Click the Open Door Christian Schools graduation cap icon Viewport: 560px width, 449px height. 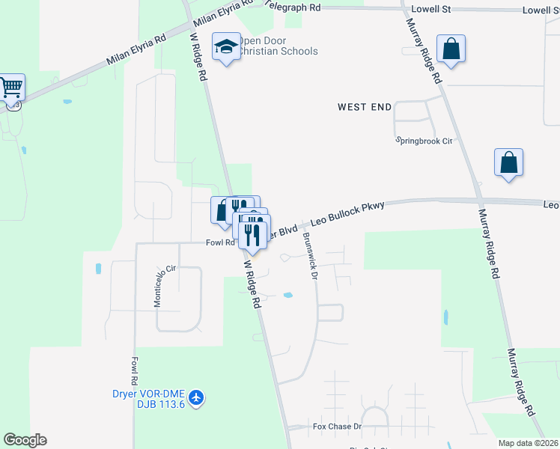(x=225, y=48)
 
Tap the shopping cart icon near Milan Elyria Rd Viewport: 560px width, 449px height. (x=12, y=88)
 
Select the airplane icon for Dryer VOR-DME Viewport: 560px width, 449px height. (x=196, y=397)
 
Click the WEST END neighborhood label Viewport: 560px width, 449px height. (x=365, y=107)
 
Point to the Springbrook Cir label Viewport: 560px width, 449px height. (x=424, y=141)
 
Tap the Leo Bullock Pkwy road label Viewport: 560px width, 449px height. (x=347, y=215)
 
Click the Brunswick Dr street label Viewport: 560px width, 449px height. (x=310, y=255)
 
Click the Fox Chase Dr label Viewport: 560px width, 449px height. (x=337, y=427)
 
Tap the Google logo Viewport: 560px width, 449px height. (x=25, y=440)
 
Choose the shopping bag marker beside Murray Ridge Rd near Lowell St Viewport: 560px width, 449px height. (x=451, y=49)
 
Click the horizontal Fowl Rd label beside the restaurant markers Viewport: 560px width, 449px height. (x=221, y=242)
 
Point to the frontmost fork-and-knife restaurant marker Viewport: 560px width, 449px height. (x=253, y=234)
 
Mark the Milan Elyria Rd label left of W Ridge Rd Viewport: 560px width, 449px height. (x=136, y=49)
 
